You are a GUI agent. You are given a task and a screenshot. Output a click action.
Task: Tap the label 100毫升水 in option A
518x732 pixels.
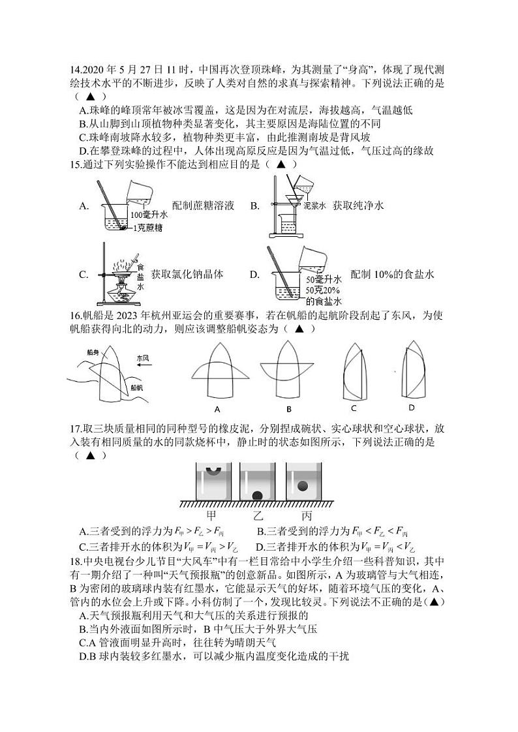pos(149,213)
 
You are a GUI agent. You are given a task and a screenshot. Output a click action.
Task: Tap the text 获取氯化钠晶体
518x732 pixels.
pos(187,275)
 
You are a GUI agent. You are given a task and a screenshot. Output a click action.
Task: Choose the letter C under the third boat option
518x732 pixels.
pos(354,408)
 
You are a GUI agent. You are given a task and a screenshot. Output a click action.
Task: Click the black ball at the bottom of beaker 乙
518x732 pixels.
pos(258,494)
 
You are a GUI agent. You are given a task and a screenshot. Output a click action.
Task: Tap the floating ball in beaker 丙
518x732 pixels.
pos(303,485)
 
